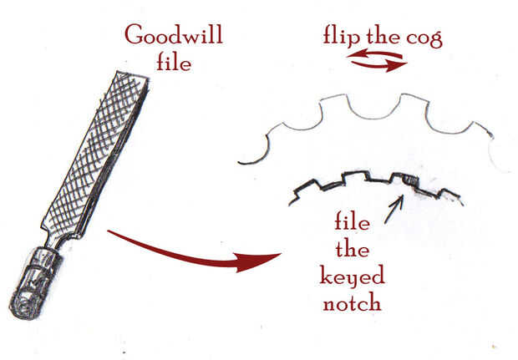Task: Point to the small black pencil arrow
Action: pos(393,209)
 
